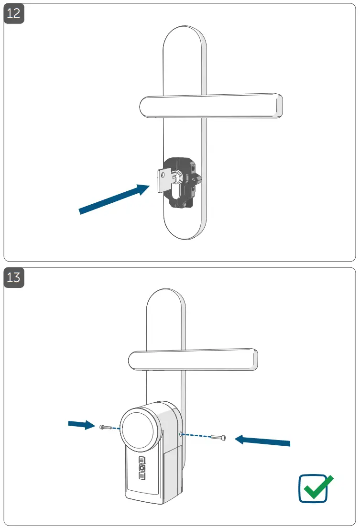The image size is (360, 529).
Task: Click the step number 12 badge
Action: pyautogui.click(x=14, y=13)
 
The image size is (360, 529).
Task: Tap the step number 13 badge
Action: pyautogui.click(x=14, y=277)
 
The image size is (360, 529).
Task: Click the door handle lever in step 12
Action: pyautogui.click(x=210, y=105)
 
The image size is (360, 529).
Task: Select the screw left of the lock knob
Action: pyautogui.click(x=105, y=427)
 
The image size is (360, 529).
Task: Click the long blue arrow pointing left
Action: pyautogui.click(x=263, y=440)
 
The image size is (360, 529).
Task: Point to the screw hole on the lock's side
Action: pyautogui.click(x=180, y=434)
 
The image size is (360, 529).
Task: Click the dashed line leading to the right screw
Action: pyautogui.click(x=198, y=436)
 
